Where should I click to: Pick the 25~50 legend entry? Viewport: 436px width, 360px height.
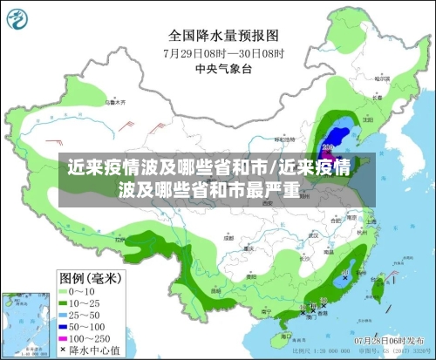coord(83,314)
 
